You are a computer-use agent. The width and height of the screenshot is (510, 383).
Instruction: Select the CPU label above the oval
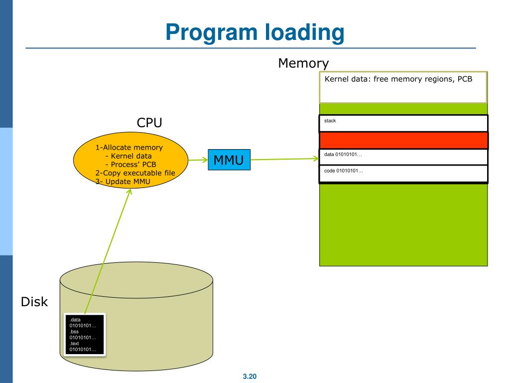pos(149,123)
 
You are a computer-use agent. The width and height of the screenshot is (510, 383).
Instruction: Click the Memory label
pos(303,63)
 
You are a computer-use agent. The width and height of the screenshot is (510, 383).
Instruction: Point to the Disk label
pos(34,302)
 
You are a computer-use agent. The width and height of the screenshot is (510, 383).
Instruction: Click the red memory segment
pos(403,141)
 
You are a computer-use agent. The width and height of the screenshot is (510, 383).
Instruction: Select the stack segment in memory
pos(403,123)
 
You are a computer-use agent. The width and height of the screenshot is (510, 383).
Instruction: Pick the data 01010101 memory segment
pos(403,157)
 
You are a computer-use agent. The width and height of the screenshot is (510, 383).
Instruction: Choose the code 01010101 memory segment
pos(403,174)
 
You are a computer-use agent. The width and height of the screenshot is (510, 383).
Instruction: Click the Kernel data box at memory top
pos(402,87)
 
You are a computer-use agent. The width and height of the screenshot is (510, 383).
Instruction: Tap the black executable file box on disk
pos(85,335)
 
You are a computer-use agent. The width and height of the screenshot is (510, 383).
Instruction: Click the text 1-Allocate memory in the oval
pos(129,148)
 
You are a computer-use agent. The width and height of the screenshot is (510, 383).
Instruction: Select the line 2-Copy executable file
pos(135,173)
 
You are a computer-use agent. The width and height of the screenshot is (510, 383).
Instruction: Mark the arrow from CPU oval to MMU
pos(198,161)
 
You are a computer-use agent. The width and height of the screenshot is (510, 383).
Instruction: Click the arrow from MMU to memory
pos(284,160)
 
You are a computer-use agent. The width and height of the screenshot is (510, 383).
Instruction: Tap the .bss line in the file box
pos(75,331)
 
